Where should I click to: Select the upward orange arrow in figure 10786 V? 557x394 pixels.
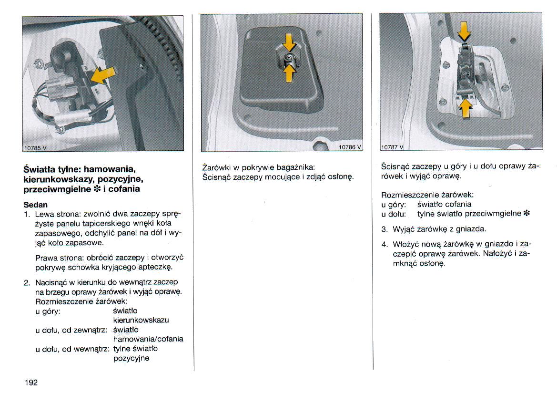289,73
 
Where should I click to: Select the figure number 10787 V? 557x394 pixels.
392,147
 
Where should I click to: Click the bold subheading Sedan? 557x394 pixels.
35,204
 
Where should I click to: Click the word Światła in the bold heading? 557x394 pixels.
40,169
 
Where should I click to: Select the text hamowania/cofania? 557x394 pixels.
148,339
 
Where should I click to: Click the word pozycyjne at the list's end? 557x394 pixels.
131,358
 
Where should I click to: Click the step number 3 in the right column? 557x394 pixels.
384,229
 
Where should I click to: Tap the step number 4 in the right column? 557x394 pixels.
384,244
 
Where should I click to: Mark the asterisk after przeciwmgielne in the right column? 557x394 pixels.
527,214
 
